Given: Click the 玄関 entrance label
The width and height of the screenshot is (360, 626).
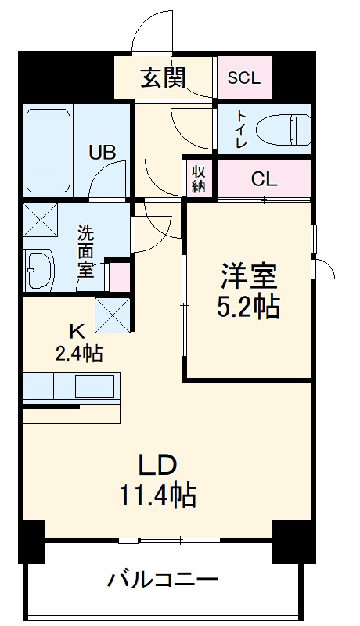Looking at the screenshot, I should [x=163, y=77].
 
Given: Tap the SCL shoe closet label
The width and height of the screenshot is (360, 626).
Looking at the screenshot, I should [x=244, y=77].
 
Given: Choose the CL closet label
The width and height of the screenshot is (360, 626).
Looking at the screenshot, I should [x=264, y=179].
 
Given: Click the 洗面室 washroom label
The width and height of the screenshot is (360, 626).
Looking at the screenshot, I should [x=85, y=251].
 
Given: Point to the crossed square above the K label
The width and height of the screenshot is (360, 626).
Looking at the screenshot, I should [x=113, y=314].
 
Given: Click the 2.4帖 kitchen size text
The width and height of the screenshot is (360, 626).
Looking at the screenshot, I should [x=78, y=353].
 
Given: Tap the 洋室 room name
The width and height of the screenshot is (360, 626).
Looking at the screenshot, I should [x=248, y=276].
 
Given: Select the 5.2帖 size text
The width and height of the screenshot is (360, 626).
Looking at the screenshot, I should [x=248, y=307].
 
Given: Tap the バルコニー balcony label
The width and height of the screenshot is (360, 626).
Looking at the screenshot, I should [x=162, y=580].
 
